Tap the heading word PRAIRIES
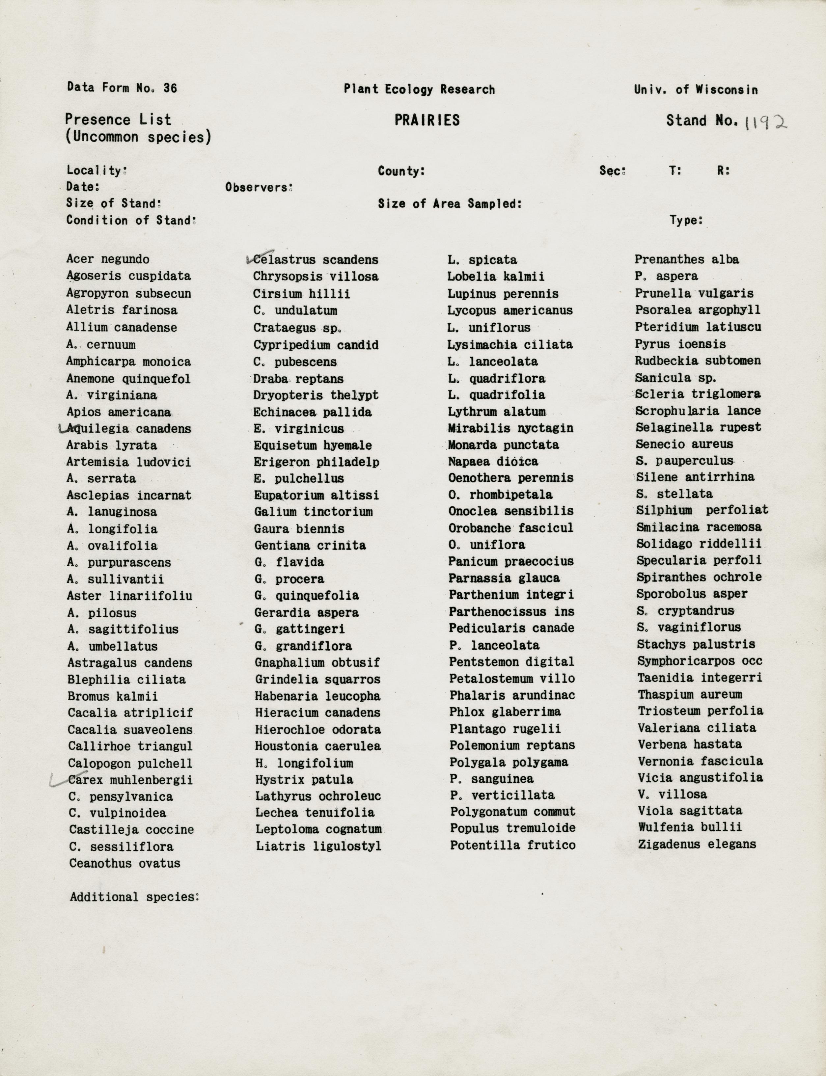coord(427,121)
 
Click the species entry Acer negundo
coord(108,259)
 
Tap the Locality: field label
coord(97,171)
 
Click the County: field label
coord(401,171)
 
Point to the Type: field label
coord(686,220)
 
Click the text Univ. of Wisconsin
coord(696,90)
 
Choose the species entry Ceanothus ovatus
coord(125,864)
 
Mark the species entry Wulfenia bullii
coord(690,828)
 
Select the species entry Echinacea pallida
coord(312,412)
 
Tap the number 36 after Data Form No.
coord(170,88)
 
